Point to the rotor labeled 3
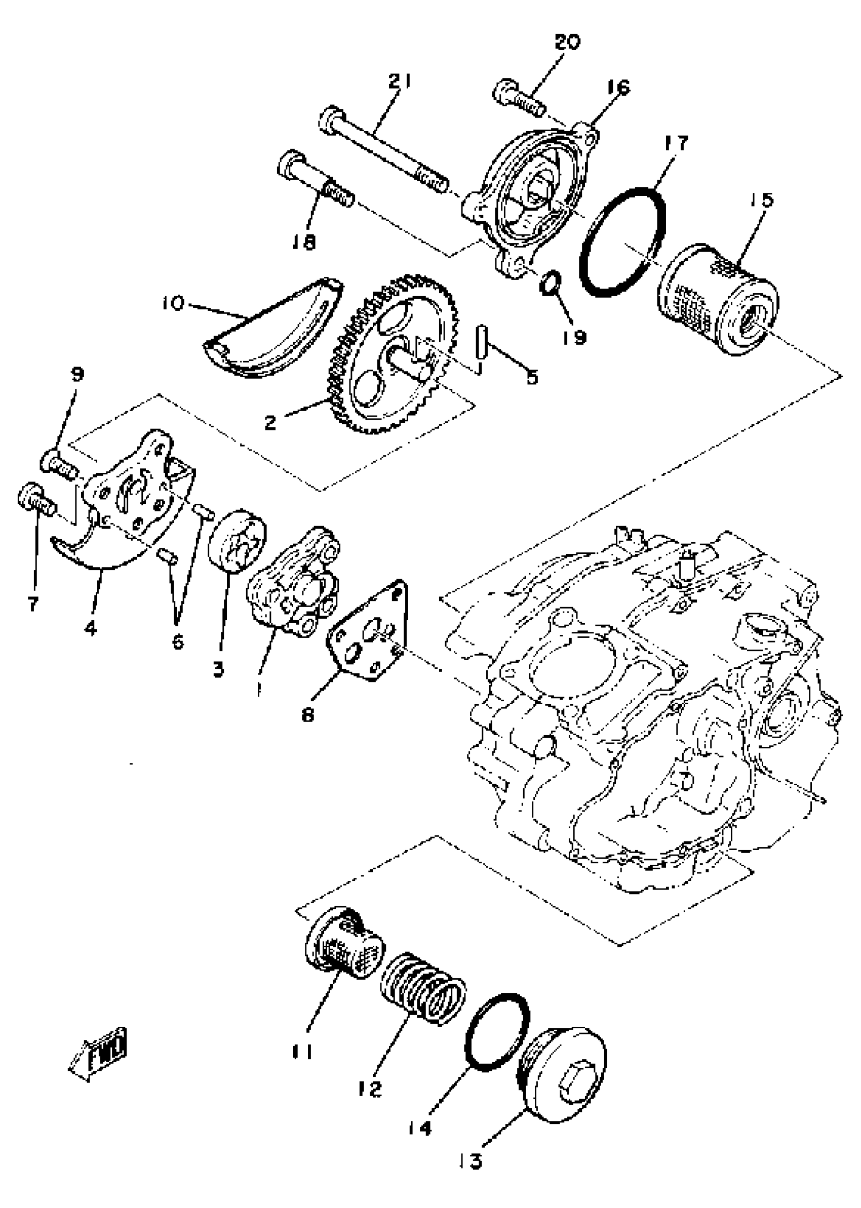click(237, 540)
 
